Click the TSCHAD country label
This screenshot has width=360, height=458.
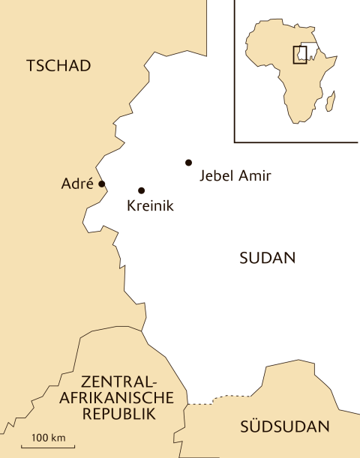click(58, 66)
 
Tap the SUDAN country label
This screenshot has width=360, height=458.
click(268, 259)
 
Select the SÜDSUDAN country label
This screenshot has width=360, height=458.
click(285, 427)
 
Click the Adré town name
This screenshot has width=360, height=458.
click(77, 184)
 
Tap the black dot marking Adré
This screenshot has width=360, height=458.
click(102, 184)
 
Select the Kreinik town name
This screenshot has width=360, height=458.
click(150, 206)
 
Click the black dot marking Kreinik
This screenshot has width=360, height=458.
click(141, 190)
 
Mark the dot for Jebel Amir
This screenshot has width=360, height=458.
click(188, 162)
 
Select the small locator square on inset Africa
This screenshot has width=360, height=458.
click(300, 54)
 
